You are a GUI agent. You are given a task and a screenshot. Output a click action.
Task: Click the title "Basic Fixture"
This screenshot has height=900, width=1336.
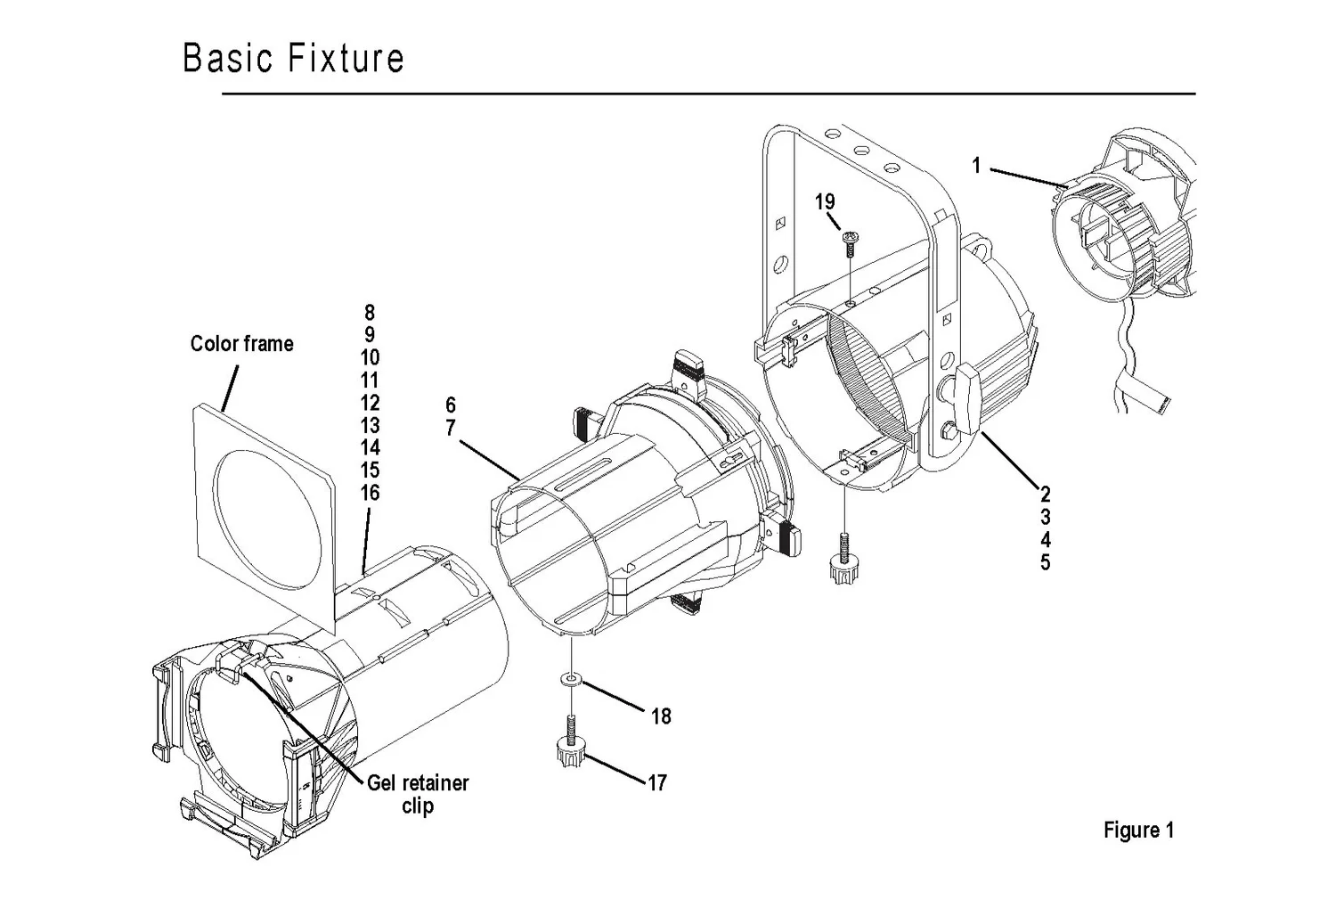pos(293,58)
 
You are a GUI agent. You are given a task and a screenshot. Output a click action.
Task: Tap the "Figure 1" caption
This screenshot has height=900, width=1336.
pos(1138,830)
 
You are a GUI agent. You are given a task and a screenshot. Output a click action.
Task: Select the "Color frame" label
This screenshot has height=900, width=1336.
pos(241,344)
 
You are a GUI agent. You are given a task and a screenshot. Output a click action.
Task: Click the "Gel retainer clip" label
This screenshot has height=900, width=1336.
pos(417,794)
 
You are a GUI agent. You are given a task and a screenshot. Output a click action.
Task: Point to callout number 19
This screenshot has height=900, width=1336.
pos(825,202)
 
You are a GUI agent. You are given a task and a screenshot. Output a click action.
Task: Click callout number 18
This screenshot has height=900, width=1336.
pos(661,716)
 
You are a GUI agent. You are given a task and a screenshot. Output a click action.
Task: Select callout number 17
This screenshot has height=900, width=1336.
pos(657,783)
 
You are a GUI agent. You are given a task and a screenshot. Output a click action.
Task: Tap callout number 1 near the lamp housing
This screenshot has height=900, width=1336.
pos(976,166)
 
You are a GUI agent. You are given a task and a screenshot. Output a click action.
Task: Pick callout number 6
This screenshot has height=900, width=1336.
pos(451,405)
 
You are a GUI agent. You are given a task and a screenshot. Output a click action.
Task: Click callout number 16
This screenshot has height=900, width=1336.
pos(370,493)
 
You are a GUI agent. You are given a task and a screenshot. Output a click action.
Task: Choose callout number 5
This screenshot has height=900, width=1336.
pos(1045,563)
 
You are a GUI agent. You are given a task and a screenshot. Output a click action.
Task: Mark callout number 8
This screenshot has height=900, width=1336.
pos(370,313)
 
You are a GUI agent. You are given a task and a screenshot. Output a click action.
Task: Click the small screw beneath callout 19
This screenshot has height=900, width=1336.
pos(851,241)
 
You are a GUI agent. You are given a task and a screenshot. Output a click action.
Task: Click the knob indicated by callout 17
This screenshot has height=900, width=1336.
pos(568,755)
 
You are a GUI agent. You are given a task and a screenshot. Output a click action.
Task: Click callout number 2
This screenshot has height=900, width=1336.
pos(1045,495)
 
